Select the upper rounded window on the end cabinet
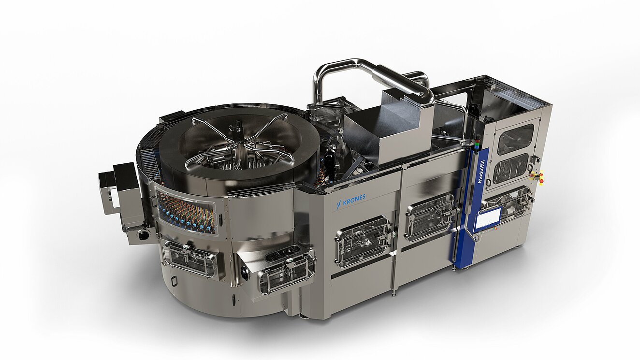(516, 139)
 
